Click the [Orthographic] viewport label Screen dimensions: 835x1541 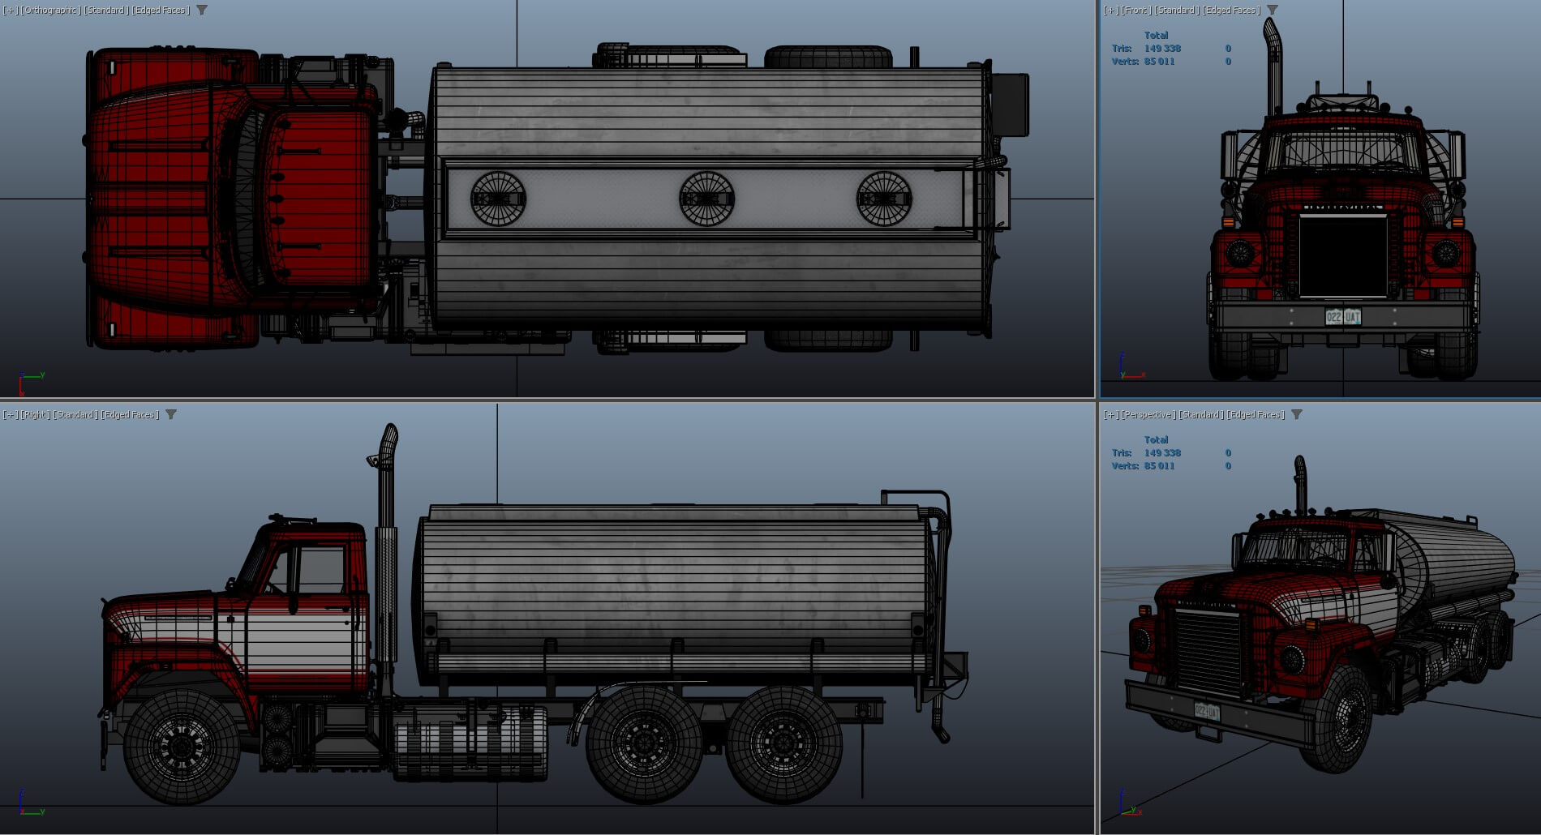tap(50, 10)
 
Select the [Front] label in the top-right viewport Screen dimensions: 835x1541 tap(1135, 10)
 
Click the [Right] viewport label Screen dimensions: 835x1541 tap(35, 414)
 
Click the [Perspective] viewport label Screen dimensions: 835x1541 tap(1148, 414)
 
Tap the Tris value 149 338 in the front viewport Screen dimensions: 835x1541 tap(1161, 49)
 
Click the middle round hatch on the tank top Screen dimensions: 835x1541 tap(706, 199)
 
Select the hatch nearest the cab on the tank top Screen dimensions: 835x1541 tap(498, 199)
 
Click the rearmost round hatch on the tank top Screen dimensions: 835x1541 tap(884, 199)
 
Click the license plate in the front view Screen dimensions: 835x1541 tap(1342, 317)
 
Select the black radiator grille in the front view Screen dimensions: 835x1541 tap(1342, 255)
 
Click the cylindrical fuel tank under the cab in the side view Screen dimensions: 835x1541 tap(470, 742)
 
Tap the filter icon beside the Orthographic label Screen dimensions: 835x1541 tap(202, 10)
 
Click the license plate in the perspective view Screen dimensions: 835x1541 tap(1206, 712)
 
